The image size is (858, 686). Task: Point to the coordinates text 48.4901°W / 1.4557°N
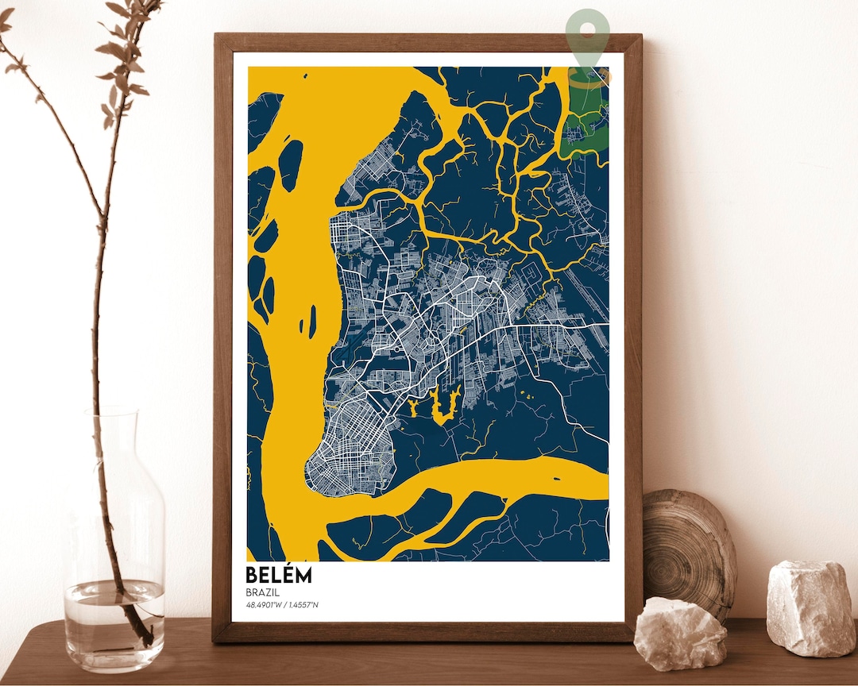[282, 606]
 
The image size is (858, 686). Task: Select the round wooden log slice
[687, 548]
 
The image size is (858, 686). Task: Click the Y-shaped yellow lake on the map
[437, 405]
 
